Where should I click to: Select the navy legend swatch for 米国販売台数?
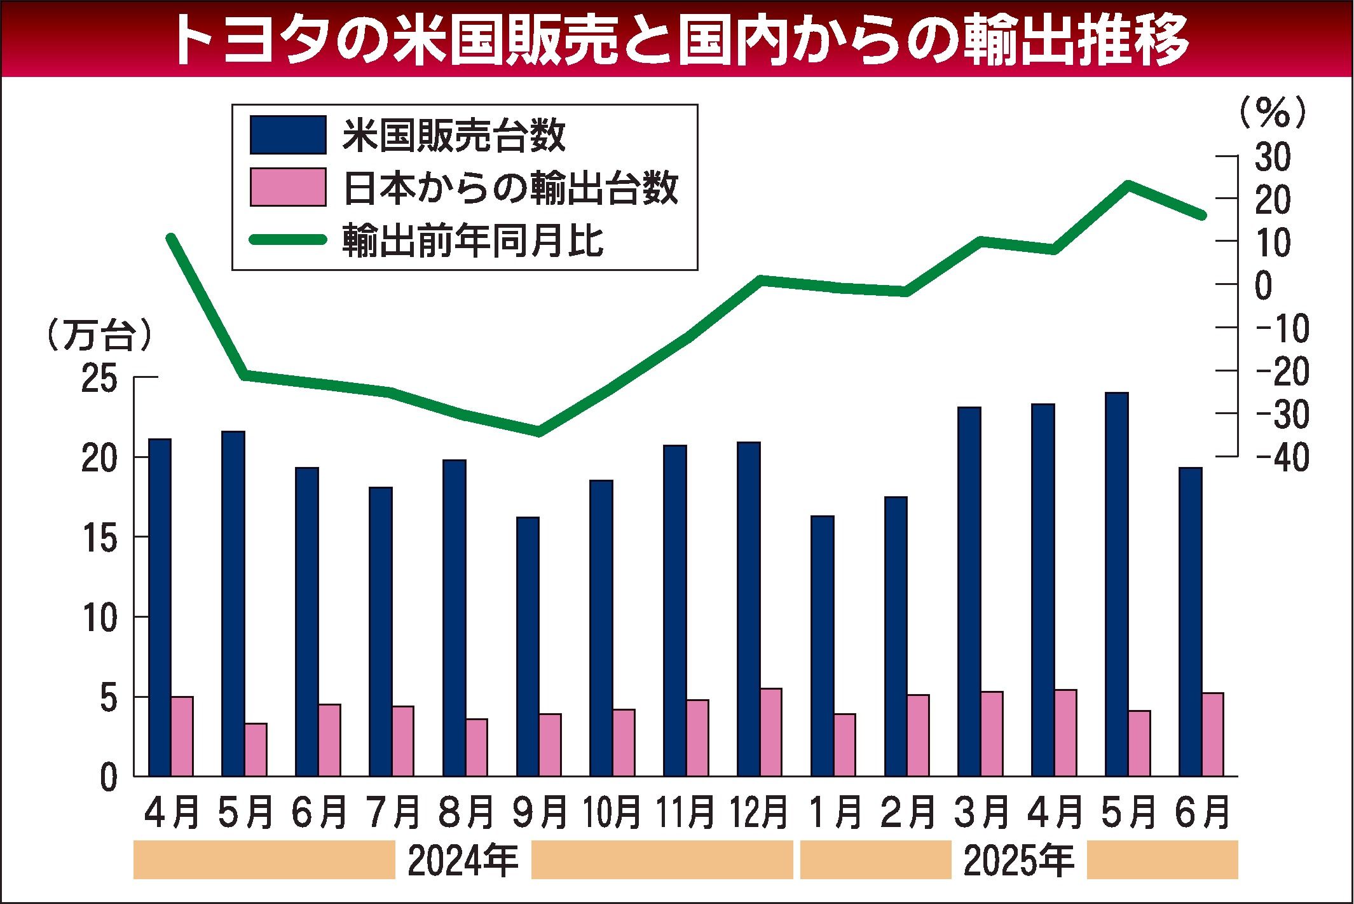point(287,135)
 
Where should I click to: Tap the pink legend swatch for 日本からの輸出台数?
point(287,187)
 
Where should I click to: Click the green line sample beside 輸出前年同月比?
point(287,240)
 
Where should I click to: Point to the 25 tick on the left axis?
point(100,379)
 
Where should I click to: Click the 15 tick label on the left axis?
point(100,538)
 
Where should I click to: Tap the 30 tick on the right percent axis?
point(1273,157)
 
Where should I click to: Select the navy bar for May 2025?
point(1116,584)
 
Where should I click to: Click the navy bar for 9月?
point(528,646)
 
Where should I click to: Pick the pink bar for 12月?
point(770,732)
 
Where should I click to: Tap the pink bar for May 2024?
point(256,749)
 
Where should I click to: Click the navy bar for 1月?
point(822,646)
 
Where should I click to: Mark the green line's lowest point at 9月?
point(538,432)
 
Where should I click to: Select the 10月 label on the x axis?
point(612,814)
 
